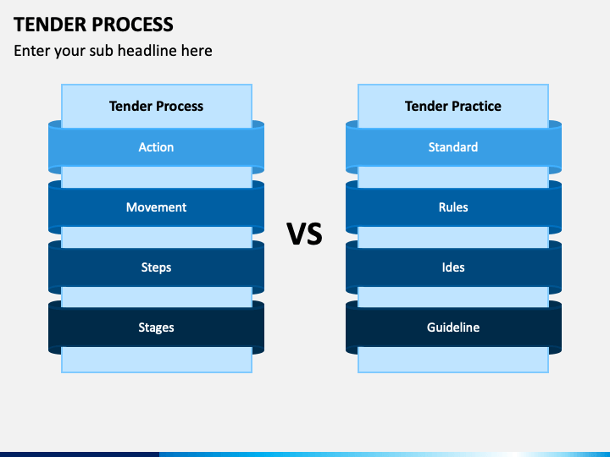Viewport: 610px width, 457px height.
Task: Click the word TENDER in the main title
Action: pos(51,25)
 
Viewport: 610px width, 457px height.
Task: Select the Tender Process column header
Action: pos(157,106)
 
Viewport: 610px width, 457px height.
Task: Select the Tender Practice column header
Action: pos(453,106)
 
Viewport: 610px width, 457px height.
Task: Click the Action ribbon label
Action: pos(157,147)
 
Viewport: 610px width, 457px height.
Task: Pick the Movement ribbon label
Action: pos(157,207)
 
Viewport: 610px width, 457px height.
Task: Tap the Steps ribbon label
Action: pos(157,267)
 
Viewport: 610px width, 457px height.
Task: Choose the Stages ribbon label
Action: pos(157,328)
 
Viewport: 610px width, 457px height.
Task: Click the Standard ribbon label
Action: pos(453,147)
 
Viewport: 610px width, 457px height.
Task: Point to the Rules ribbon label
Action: pos(453,207)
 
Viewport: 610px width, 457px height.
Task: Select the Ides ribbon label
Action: pos(453,267)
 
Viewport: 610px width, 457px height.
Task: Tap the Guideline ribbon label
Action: pos(453,328)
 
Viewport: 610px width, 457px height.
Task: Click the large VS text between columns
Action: pos(305,234)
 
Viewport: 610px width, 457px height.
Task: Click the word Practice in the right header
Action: pos(477,106)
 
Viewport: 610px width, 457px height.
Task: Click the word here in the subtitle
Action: pos(197,51)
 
